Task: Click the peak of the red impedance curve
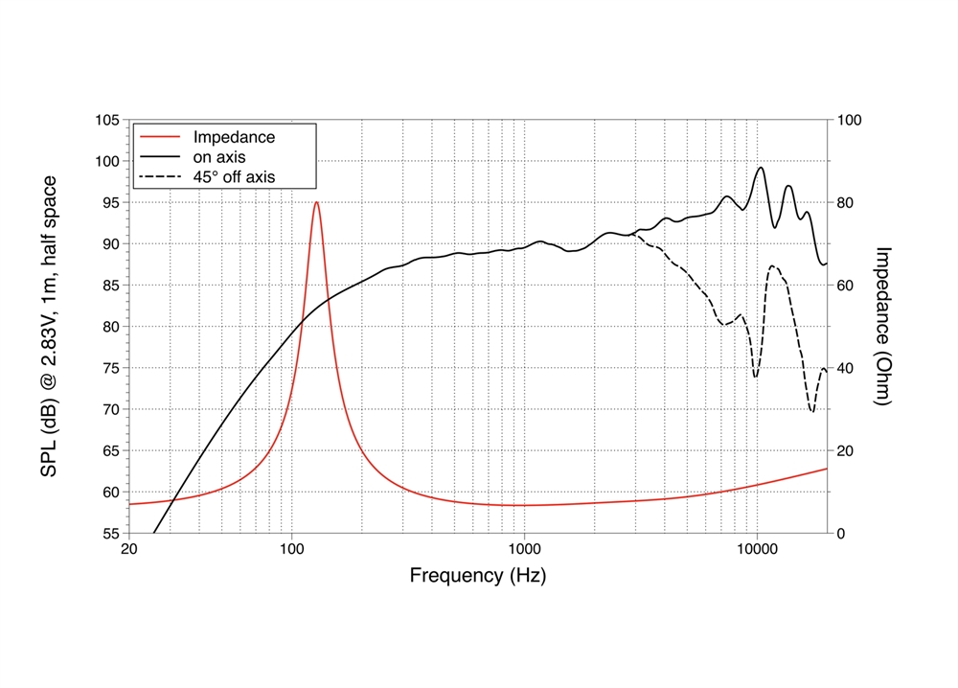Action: pyautogui.click(x=316, y=201)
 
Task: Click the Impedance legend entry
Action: pyautogui.click(x=234, y=137)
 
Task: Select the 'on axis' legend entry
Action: pyautogui.click(x=219, y=157)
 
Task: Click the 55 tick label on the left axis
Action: pyautogui.click(x=110, y=533)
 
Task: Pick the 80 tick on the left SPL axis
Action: pyautogui.click(x=110, y=327)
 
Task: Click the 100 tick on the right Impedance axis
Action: pyautogui.click(x=850, y=120)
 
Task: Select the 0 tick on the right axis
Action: pyautogui.click(x=841, y=533)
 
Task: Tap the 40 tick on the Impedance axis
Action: pyautogui.click(x=846, y=368)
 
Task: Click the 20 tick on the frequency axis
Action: pyautogui.click(x=129, y=550)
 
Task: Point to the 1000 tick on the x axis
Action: pyautogui.click(x=524, y=550)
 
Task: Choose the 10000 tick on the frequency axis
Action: pyautogui.click(x=757, y=550)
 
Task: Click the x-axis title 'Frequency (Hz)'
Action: pyautogui.click(x=478, y=576)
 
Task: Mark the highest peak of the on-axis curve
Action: pyautogui.click(x=762, y=168)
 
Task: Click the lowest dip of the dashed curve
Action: pyautogui.click(x=812, y=412)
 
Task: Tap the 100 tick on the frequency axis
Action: pyautogui.click(x=292, y=550)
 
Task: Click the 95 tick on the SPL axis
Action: pyautogui.click(x=110, y=202)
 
